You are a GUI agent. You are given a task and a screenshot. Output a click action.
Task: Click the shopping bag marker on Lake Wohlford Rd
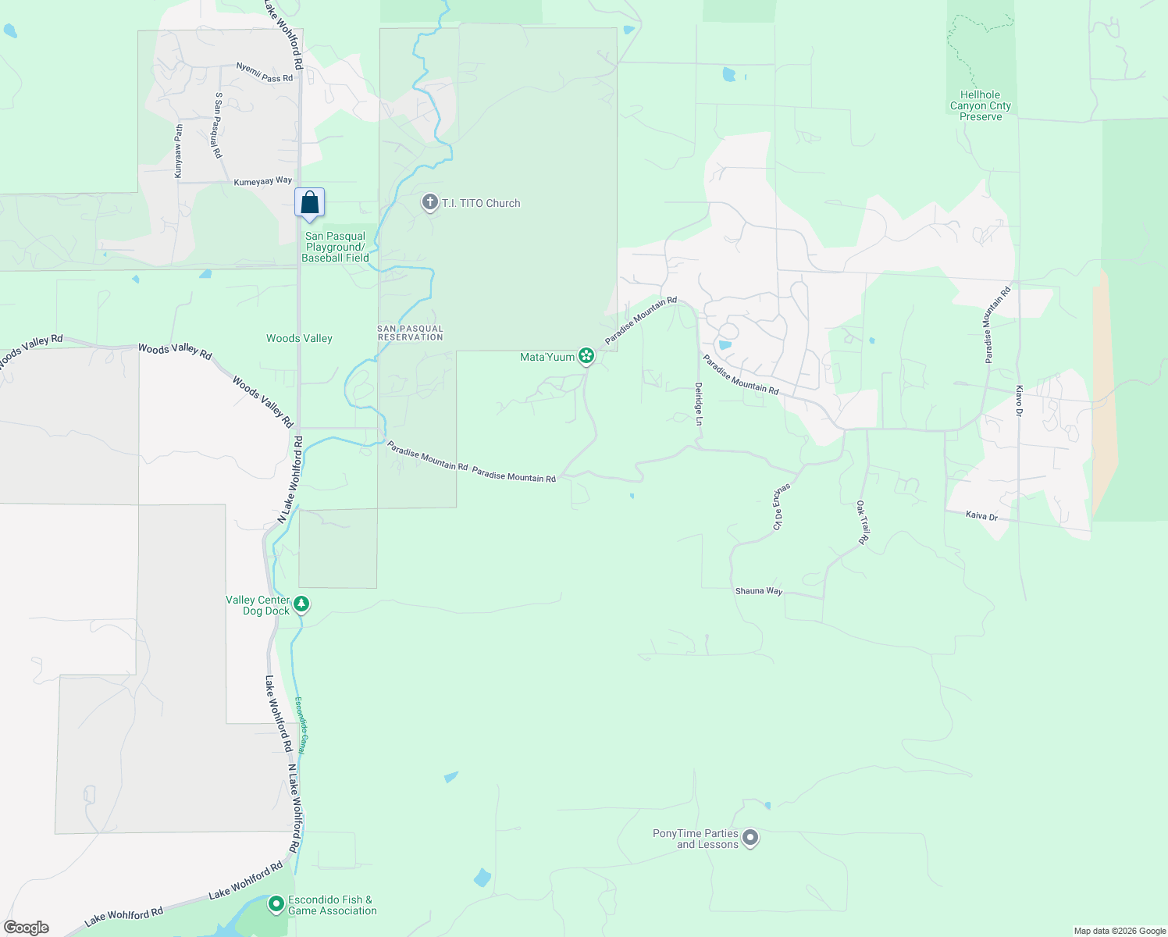[x=309, y=203]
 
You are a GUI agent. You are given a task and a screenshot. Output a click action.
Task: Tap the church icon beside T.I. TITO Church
[x=429, y=203]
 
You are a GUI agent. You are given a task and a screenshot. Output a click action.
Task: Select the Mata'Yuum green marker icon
[x=586, y=357]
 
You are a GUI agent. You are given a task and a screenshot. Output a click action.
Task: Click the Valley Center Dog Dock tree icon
[x=301, y=604]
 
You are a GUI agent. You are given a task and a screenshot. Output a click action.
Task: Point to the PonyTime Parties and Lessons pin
[x=750, y=839]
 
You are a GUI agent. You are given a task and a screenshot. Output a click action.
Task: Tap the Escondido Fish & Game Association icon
[x=276, y=904]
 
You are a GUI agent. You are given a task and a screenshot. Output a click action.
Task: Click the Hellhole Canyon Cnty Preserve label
[x=981, y=105]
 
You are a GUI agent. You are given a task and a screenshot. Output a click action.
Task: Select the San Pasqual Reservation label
[x=410, y=333]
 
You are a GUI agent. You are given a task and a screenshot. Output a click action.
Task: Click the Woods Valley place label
[x=299, y=338]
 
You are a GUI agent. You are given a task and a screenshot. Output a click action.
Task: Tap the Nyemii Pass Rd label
[x=265, y=73]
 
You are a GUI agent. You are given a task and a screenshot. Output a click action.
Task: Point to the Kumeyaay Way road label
[x=263, y=181]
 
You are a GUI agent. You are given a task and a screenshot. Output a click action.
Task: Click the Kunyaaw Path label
[x=179, y=151]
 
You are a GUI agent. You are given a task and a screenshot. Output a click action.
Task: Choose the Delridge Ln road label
[x=699, y=404]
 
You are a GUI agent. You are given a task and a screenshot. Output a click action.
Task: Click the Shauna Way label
[x=758, y=591]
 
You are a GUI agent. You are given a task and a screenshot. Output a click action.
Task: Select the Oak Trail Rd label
[x=863, y=522]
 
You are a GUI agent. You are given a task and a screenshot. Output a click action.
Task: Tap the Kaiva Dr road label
[x=981, y=516]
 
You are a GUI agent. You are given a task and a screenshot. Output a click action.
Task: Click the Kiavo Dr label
[x=1019, y=401]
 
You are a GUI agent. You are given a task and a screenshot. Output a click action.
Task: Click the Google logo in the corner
[x=27, y=928]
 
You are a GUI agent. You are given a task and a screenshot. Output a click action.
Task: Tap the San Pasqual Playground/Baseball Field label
[x=335, y=247]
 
